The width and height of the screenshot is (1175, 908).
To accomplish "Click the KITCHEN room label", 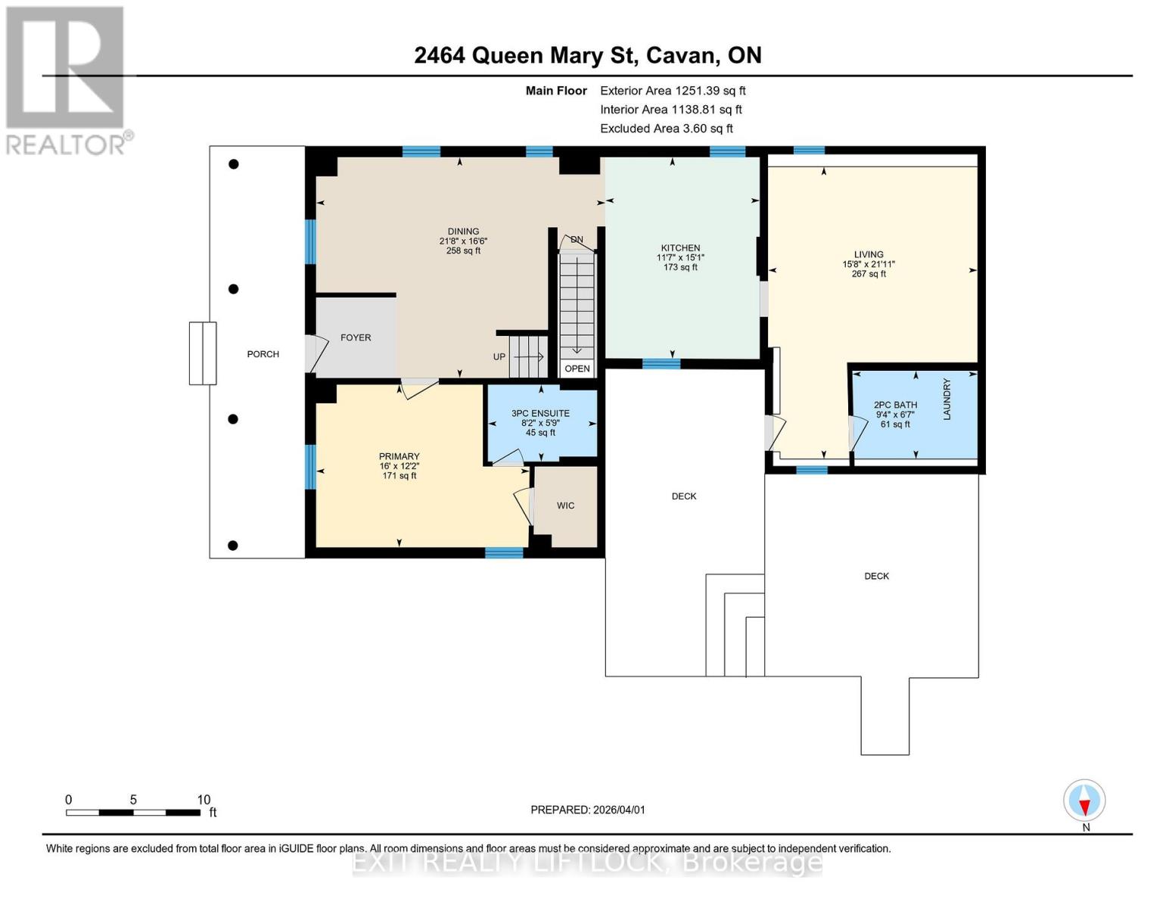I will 680,247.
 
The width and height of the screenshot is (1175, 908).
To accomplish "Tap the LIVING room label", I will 869,254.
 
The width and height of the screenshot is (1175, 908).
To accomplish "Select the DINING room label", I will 463,232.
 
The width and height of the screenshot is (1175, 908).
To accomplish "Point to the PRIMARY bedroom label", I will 399,456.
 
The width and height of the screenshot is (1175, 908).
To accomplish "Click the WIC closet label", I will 565,505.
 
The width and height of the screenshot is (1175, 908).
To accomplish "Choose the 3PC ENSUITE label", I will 540,413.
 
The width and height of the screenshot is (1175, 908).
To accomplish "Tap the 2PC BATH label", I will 895,405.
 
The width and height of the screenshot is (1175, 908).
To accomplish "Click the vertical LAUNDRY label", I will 947,400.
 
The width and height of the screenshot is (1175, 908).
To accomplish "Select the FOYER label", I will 356,337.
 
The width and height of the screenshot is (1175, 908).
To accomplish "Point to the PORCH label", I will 263,354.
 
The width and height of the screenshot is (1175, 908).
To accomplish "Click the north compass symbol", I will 1084,801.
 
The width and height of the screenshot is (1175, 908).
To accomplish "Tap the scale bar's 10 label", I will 204,800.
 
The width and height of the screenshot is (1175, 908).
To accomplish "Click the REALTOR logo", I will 66,79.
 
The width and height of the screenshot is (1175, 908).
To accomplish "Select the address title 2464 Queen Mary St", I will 587,55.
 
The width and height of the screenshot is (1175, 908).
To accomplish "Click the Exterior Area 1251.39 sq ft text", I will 673,91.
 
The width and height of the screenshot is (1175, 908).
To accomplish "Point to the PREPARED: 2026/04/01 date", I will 588,810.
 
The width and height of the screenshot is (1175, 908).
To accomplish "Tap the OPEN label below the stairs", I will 577,368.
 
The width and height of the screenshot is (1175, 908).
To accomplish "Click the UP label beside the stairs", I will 499,356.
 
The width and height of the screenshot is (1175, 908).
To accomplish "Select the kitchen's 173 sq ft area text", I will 680,267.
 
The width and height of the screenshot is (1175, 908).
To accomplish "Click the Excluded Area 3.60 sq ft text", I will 667,129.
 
